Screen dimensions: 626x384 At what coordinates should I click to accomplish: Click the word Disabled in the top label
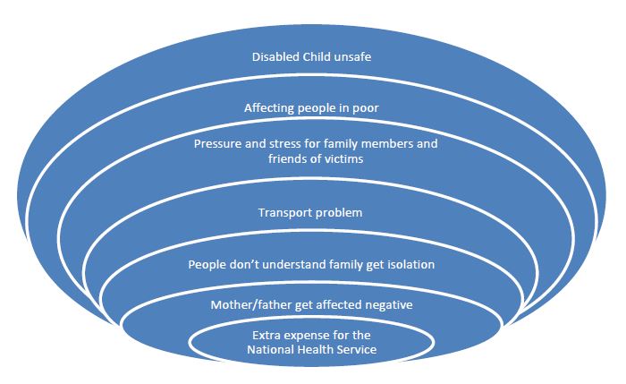275,56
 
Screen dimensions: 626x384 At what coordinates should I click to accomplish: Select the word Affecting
269,108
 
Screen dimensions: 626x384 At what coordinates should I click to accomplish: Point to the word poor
365,108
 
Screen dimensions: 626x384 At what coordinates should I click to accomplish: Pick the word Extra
266,335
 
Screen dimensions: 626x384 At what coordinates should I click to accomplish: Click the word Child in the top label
317,56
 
